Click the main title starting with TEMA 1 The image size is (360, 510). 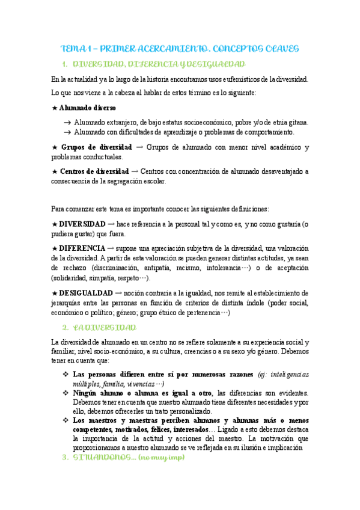(180, 48)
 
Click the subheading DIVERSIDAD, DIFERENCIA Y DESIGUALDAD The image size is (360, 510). (159, 64)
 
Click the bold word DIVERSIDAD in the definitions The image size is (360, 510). (84, 224)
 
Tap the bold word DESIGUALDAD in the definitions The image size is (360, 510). (86, 292)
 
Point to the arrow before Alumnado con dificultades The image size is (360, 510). (67, 132)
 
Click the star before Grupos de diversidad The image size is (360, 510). (55, 147)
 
